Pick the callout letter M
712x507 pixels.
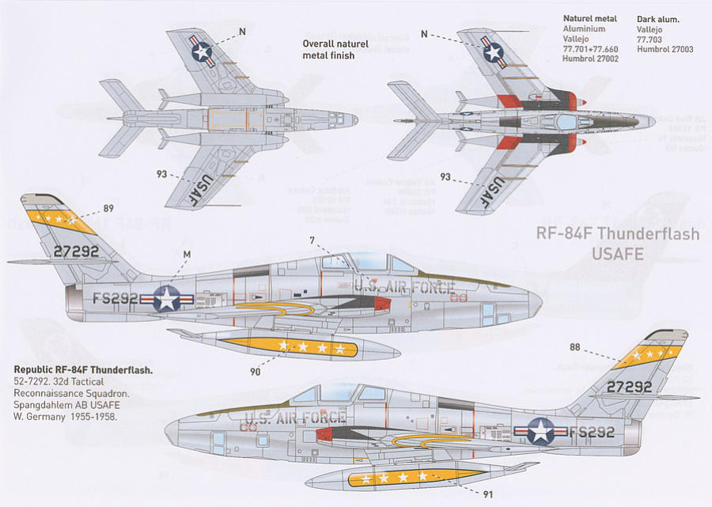[187, 254]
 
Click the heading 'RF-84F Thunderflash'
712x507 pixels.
[617, 233]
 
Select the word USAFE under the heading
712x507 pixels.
[618, 253]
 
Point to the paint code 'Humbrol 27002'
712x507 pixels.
[590, 59]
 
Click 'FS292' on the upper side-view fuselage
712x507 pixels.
[116, 298]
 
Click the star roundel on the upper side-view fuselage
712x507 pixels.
[167, 299]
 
